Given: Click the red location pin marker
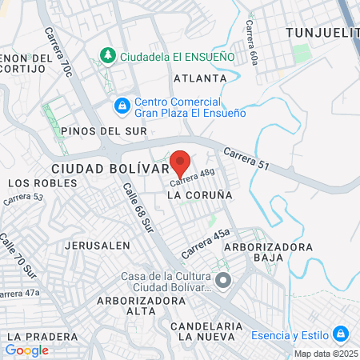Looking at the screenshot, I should (180, 162).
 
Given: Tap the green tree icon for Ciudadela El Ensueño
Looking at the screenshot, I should (107, 55).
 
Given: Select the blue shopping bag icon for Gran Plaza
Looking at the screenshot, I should (122, 104).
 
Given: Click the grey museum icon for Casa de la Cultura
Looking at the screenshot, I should (223, 280).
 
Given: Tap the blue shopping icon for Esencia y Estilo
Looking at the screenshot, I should (341, 333).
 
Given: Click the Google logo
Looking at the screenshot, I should (26, 350).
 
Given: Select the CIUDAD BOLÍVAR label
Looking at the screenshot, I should (110, 169).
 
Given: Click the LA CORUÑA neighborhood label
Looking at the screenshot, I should (200, 194).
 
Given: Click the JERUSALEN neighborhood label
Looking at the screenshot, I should (98, 245).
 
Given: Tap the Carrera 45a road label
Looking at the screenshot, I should (206, 242).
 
